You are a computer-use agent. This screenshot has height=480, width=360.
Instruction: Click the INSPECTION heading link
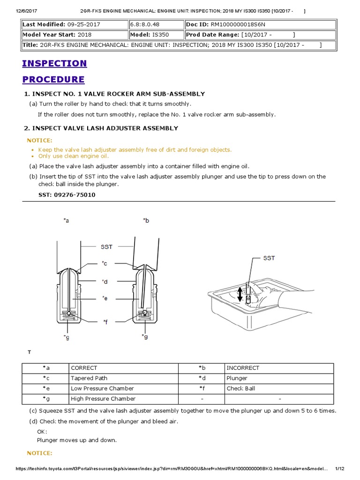coord(54,63)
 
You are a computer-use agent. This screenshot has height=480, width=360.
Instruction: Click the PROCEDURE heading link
coord(53,79)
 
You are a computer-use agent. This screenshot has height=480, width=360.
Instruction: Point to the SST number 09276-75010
coord(75,195)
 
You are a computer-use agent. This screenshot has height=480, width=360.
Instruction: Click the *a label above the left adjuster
coord(66,220)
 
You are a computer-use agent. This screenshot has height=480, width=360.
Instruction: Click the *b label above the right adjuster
coord(146,220)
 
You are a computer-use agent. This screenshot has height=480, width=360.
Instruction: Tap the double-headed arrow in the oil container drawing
coord(240,294)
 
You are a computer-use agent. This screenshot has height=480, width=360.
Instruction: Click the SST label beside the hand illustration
coord(269,258)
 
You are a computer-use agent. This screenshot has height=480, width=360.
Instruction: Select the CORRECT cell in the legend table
coord(84,368)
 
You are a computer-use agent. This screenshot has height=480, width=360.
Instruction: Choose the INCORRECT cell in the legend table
coord(243,368)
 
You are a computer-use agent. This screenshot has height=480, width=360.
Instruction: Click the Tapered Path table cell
coord(89,378)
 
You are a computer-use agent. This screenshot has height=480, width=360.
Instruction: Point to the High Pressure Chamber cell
coord(103,399)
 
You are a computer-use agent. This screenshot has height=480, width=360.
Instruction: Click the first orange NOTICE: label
coord(40,140)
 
